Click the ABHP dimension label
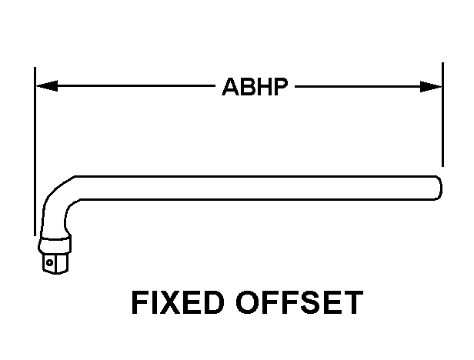[255, 87]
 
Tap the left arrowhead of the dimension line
[43, 87]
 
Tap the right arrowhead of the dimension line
[435, 87]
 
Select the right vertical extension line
[442, 115]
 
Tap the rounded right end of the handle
[436, 187]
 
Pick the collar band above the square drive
[55, 245]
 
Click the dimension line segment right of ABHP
[362, 87]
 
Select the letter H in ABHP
[263, 87]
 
